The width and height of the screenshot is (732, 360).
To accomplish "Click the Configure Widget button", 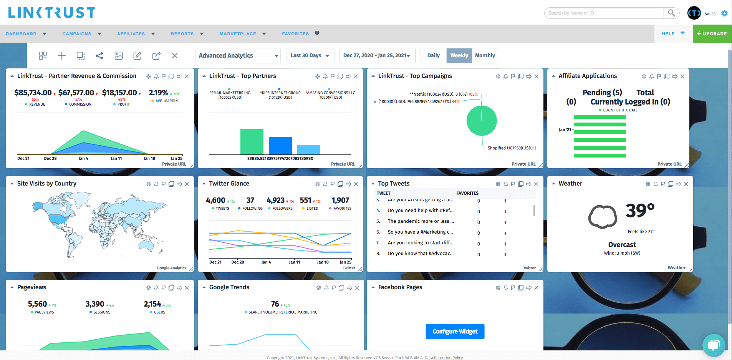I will pos(455,332).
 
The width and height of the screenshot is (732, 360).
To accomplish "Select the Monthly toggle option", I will pos(485,55).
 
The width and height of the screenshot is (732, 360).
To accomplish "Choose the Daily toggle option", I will pos(433,55).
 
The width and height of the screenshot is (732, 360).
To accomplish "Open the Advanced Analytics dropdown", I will pos(238,56).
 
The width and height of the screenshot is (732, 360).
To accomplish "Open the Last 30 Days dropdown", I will pos(310,56).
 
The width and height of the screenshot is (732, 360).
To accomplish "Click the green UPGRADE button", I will pos(712,34).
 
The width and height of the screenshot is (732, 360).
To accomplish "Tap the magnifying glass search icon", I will pos(671,13).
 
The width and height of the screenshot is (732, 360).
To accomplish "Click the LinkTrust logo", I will pos(51,13).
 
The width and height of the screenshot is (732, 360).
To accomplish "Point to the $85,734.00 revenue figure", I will pos(33,93).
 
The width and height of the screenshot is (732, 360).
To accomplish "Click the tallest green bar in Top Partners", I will pos(252,142).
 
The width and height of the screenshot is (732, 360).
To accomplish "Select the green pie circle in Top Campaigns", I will pos(482,121).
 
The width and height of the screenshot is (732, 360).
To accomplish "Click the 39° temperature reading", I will pos(640,210).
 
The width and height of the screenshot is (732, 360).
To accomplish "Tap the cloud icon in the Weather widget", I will pos(603,217).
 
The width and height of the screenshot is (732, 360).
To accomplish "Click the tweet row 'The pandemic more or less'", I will pos(421,221).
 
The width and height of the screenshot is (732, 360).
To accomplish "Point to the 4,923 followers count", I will pos(275,200).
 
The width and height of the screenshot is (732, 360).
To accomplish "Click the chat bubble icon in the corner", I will pos(714,345).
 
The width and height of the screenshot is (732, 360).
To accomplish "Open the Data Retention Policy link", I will pos(444,358).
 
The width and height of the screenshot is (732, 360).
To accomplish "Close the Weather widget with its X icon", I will pos(686,184).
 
